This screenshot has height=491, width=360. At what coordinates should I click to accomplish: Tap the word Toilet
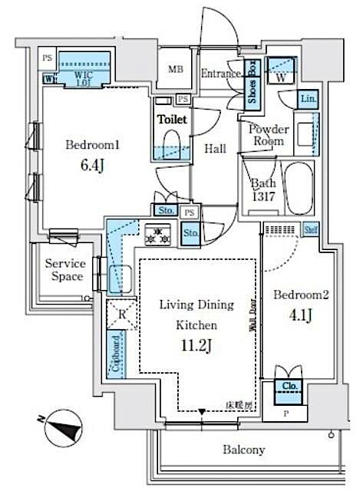[172, 120]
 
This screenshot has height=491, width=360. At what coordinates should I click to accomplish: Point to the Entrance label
[223, 74]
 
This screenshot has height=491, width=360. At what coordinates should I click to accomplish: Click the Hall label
[215, 149]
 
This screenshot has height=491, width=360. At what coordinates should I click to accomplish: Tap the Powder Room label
[268, 135]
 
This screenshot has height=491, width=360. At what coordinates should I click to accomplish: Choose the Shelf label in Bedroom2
[311, 228]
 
